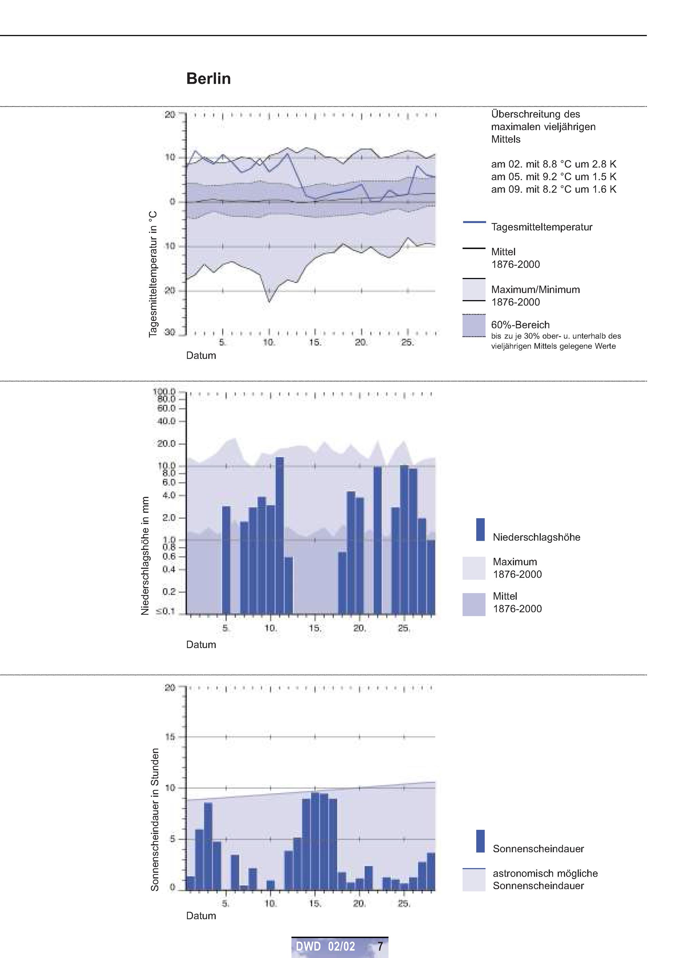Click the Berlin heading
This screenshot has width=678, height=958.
click(208, 78)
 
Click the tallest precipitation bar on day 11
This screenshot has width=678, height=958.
click(280, 536)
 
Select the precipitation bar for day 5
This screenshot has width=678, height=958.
click(226, 560)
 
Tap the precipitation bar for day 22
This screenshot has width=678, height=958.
click(377, 541)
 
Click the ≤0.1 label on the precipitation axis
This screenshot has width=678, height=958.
click(165, 612)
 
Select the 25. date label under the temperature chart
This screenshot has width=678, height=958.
click(407, 343)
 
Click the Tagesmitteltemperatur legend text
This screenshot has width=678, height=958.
click(541, 227)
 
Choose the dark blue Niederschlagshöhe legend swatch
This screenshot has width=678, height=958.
click(480, 530)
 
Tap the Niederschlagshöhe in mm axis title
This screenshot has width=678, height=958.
click(145, 556)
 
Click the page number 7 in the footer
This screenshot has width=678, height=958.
click(380, 947)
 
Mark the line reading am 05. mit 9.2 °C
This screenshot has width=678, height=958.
click(554, 177)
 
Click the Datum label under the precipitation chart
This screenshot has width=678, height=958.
click(201, 644)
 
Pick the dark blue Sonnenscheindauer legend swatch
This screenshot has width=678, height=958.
click(480, 841)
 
